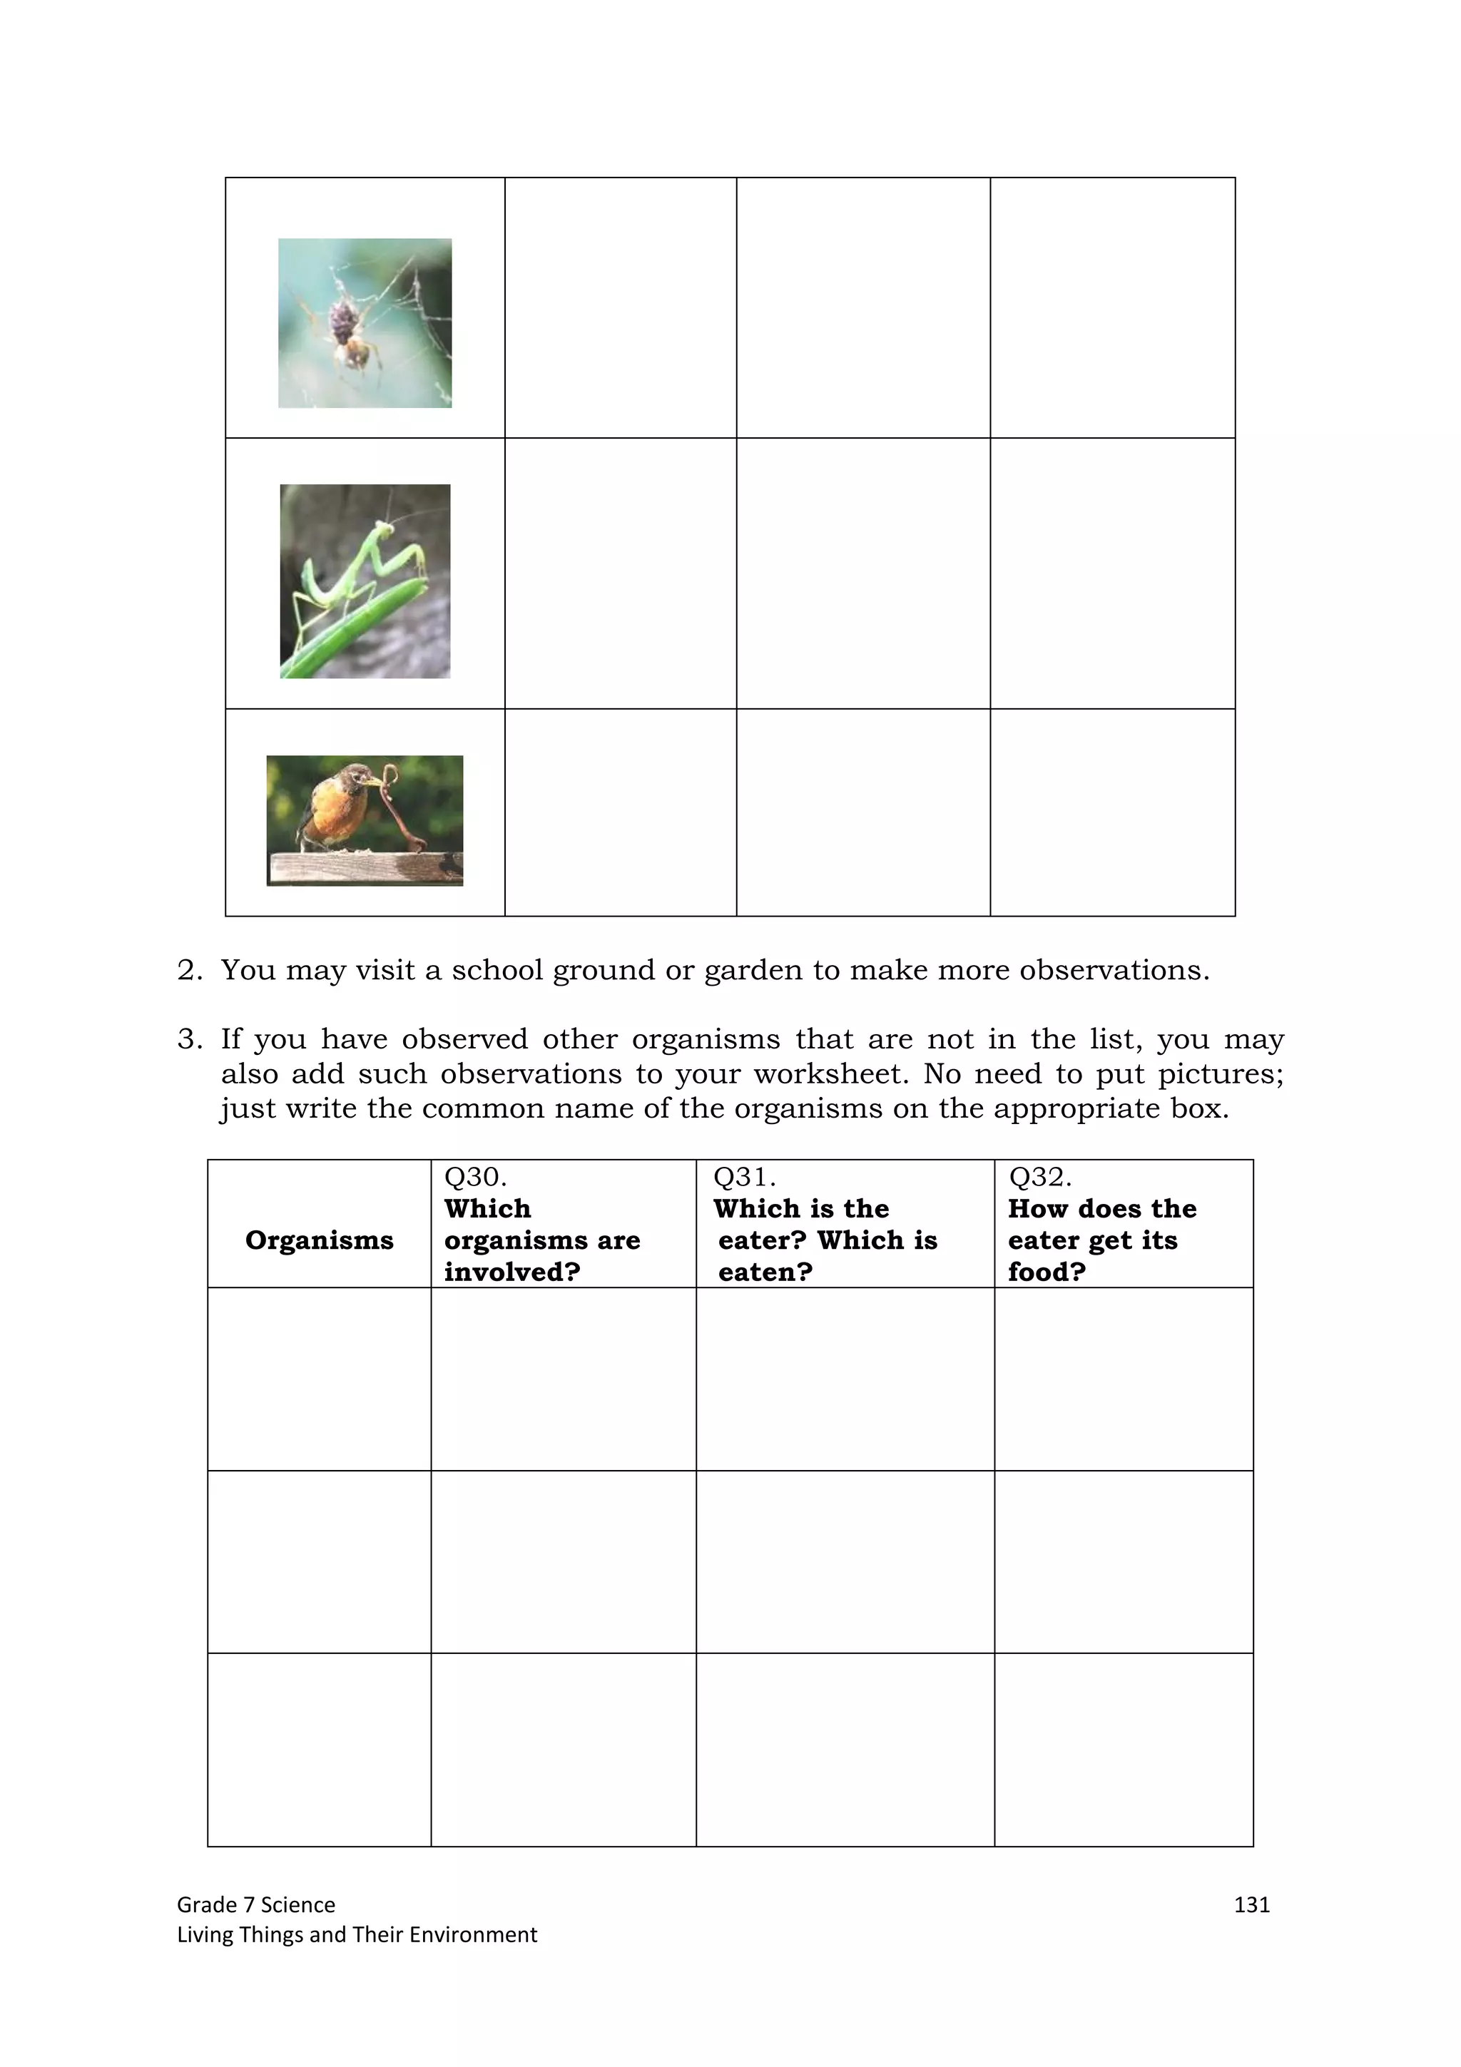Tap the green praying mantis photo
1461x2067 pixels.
click(365, 581)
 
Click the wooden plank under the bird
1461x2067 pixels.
click(365, 868)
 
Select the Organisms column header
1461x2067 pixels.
click(319, 1240)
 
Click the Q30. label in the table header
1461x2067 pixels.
click(475, 1177)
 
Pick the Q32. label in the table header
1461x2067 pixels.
click(1039, 1177)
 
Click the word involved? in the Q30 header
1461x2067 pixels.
click(511, 1271)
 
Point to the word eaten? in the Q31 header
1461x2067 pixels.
click(765, 1271)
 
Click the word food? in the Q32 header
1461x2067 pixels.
click(1046, 1271)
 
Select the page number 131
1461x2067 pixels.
click(1251, 1904)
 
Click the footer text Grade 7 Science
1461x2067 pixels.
click(255, 1904)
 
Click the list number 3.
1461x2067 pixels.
click(189, 1040)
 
